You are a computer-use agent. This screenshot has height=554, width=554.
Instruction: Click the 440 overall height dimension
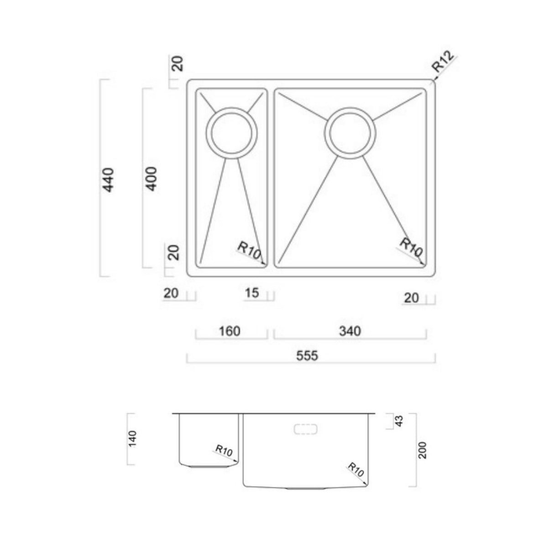pyautogui.click(x=109, y=179)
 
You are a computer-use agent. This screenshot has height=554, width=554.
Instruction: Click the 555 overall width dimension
pyautogui.click(x=307, y=355)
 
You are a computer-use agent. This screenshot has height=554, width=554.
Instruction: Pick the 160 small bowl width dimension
pyautogui.click(x=230, y=331)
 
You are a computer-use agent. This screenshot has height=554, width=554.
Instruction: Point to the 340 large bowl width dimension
pyautogui.click(x=350, y=331)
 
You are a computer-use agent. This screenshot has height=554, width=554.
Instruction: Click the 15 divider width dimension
pyautogui.click(x=251, y=293)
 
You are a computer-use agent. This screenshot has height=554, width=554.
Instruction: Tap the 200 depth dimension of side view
pyautogui.click(x=423, y=450)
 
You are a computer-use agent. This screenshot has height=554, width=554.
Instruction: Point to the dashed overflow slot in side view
pyautogui.click(x=306, y=429)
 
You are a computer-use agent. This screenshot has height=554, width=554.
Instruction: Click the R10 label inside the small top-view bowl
pyautogui.click(x=249, y=250)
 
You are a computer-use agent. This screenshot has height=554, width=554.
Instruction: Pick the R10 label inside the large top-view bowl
pyautogui.click(x=411, y=247)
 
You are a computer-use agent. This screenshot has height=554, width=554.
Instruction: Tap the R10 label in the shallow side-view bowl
pyautogui.click(x=225, y=451)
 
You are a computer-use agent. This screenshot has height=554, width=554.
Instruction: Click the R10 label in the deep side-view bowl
pyautogui.click(x=355, y=469)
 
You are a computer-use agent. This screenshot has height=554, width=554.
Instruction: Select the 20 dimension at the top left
pyautogui.click(x=178, y=63)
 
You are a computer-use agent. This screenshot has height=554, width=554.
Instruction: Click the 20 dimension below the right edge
pyautogui.click(x=411, y=298)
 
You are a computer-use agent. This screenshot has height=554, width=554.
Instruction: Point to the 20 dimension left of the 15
pyautogui.click(x=171, y=293)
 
